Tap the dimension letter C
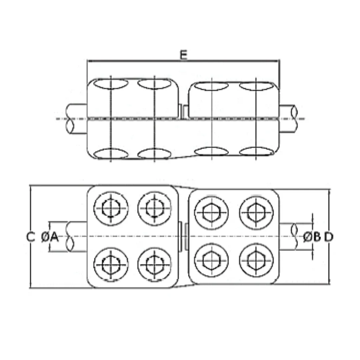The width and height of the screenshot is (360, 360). (30, 237)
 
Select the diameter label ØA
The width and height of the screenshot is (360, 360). (50, 237)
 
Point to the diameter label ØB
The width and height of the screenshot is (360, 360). (312, 237)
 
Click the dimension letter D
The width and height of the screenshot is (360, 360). (329, 237)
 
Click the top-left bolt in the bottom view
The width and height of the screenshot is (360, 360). (111, 209)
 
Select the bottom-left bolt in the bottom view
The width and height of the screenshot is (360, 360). (111, 265)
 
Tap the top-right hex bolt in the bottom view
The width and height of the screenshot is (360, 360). (256, 213)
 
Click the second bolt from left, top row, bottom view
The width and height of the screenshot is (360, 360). (154, 209)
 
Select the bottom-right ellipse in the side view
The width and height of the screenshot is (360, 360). (256, 152)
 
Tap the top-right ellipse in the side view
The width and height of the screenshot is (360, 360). (256, 86)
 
